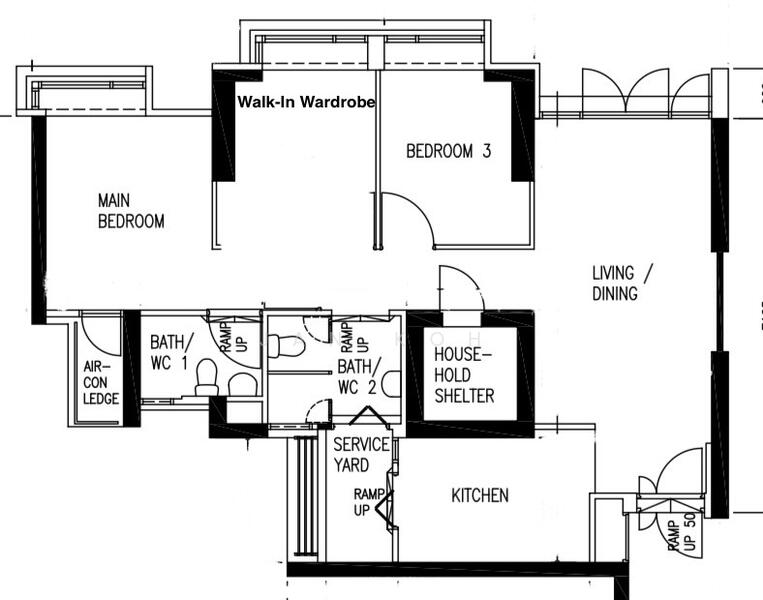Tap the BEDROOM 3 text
pos(448,152)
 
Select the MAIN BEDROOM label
pos(130,211)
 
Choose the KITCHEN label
pos(480,495)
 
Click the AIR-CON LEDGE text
pos(101,383)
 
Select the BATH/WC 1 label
pos(169,351)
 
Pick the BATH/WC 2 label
pos(357,376)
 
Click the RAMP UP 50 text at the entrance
pos(685,535)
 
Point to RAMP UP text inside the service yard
pos(365,502)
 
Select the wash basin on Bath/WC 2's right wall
pos(392,384)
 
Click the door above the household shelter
pos(460,288)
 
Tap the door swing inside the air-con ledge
pos(100,334)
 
